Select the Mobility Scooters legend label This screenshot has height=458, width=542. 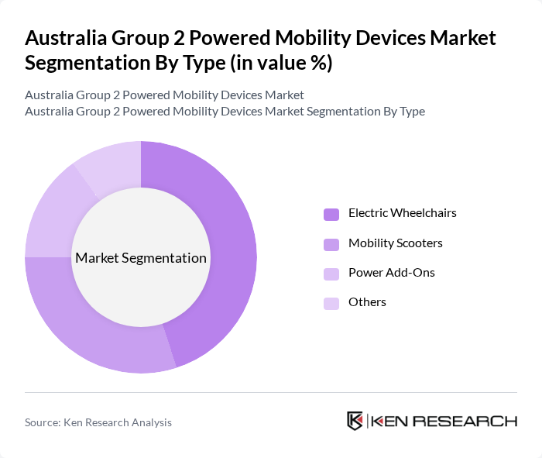point(395,243)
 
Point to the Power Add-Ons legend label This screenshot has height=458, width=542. point(391,273)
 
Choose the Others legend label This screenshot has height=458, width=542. point(367,302)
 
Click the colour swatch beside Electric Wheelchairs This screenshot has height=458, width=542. point(331,214)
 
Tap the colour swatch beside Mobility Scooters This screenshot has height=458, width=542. point(331,244)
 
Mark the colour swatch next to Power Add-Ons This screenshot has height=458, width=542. point(331,274)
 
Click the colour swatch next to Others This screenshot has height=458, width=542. point(331,303)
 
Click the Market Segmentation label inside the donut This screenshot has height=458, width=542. point(141,258)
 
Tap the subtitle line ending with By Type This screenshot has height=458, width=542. point(225,111)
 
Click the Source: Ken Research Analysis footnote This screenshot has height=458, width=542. point(98,422)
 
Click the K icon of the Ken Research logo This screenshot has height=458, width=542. point(355,421)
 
